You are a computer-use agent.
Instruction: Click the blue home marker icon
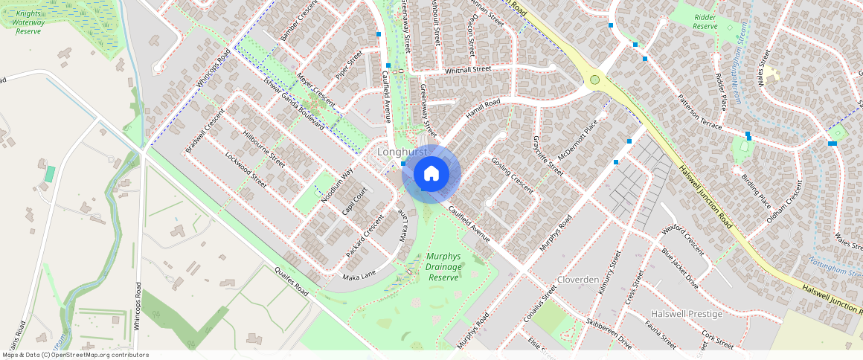[x=431, y=174]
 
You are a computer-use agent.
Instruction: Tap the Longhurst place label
[x=402, y=152]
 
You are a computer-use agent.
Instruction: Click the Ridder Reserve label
[x=705, y=21]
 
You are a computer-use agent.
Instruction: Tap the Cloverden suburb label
[x=578, y=280]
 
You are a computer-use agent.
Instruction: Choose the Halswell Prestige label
[x=686, y=314]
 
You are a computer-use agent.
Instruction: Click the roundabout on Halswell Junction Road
[x=594, y=80]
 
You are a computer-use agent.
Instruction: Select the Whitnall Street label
[x=468, y=69]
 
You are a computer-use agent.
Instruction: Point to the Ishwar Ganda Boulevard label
[x=294, y=103]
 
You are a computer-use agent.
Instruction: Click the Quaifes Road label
[x=291, y=281]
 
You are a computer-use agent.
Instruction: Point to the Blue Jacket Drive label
[x=679, y=269]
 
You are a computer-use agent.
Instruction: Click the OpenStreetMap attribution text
[x=74, y=355]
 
